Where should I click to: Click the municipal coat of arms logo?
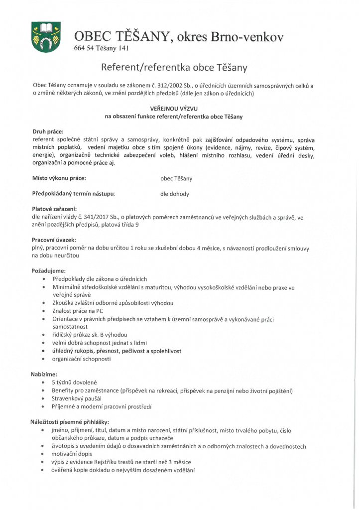46,37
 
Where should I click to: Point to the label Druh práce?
48,131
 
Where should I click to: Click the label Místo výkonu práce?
59,178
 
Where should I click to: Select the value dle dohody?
174,194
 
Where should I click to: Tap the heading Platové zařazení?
54,209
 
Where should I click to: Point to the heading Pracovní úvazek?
54,240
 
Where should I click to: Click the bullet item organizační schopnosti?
81,359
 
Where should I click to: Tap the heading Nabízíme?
44,374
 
